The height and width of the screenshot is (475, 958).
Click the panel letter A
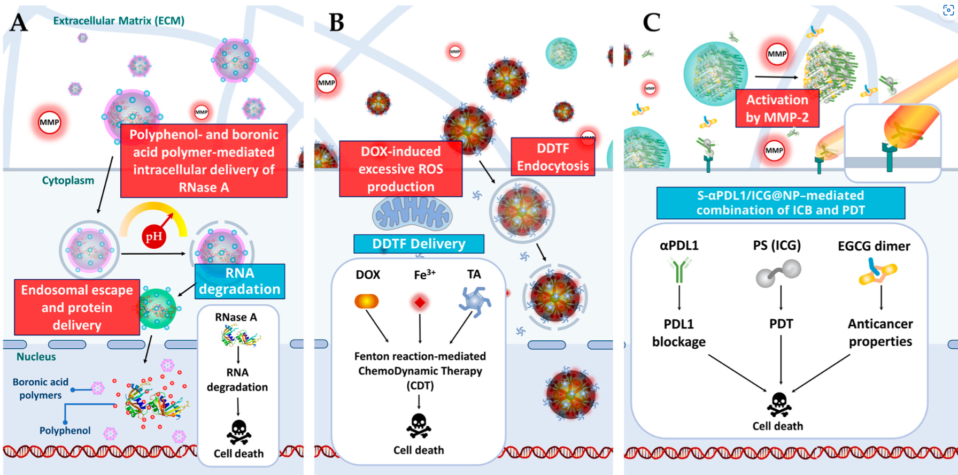point(19,22)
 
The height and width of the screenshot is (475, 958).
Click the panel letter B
point(336,22)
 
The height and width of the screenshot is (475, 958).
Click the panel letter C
point(651,22)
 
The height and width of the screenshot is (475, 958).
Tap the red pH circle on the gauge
point(154,236)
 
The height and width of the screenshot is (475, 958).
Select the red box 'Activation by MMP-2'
point(777,108)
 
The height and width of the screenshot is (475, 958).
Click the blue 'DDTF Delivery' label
point(419,244)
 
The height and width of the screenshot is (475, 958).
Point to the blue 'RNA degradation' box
point(239,281)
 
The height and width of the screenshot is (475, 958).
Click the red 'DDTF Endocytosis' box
point(553,157)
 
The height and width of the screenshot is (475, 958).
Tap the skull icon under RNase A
point(238,432)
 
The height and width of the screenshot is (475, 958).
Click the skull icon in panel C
point(779,405)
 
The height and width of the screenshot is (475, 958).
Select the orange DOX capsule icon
point(367,302)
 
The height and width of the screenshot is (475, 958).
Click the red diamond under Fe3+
point(420,303)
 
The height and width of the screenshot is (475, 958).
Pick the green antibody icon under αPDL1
point(679,270)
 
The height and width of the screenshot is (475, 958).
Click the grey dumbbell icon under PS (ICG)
point(778,273)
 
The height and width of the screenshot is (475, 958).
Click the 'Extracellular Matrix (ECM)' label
point(119,21)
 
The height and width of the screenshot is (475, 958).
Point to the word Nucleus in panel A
point(36,357)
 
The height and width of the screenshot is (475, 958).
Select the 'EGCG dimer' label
point(874,246)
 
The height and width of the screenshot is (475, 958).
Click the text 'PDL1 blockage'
point(678,333)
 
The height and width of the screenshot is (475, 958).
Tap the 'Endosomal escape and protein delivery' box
point(77,308)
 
